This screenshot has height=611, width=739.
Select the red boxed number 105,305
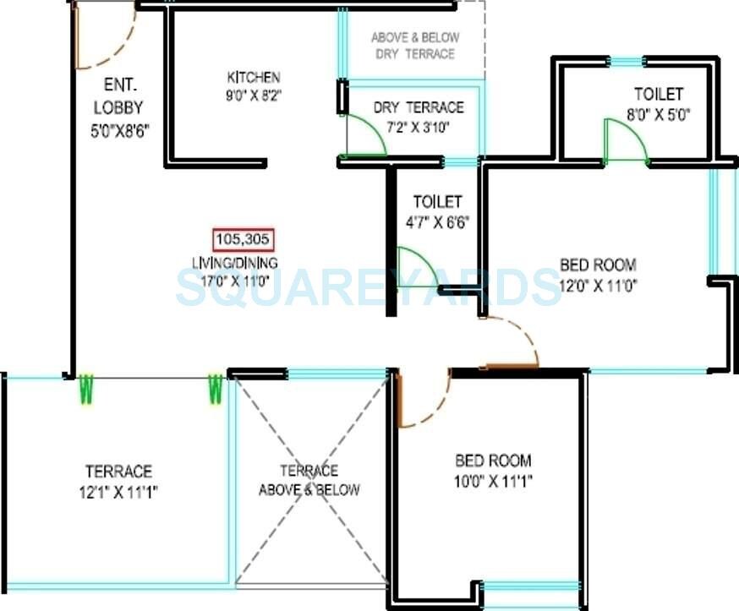(243, 239)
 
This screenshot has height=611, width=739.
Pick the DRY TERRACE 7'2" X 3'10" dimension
(418, 127)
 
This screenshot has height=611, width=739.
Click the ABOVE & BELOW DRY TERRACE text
(414, 46)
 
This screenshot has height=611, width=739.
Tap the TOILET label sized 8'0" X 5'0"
(659, 94)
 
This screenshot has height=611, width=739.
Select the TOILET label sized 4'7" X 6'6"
(437, 202)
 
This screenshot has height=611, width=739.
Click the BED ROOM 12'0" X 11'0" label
(598, 265)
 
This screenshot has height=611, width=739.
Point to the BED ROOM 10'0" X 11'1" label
(493, 461)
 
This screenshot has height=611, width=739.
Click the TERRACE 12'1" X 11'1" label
(118, 472)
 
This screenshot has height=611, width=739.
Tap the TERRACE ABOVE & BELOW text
(309, 480)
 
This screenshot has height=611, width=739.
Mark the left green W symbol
(85, 390)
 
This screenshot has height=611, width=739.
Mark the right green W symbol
(216, 390)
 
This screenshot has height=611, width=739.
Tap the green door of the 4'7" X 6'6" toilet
(416, 268)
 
